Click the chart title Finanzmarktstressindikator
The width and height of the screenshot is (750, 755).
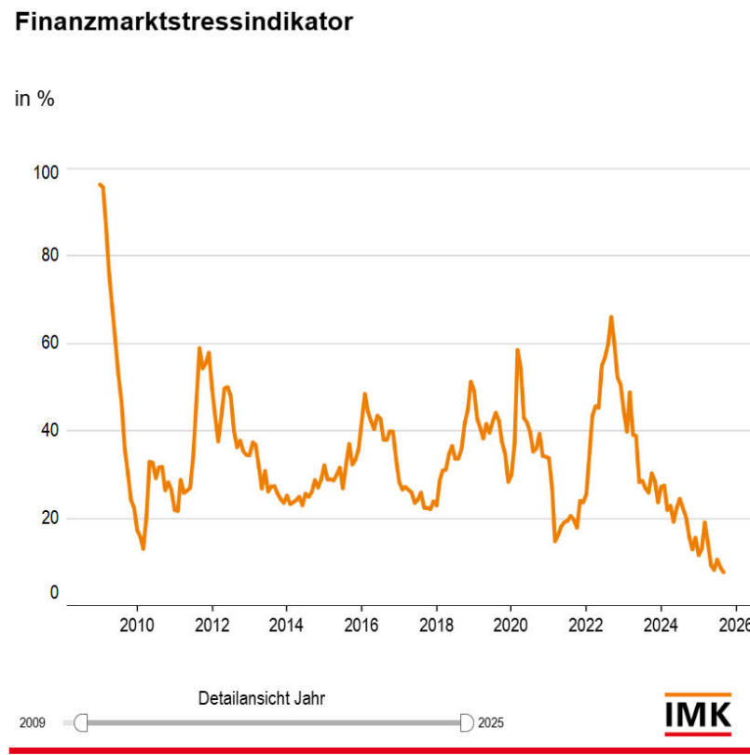(184, 23)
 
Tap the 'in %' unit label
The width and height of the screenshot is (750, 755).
(34, 100)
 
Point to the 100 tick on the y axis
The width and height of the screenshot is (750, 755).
(45, 172)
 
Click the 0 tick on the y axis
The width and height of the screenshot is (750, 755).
(53, 593)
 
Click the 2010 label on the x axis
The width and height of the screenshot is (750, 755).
(137, 624)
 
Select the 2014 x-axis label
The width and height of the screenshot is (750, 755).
(286, 624)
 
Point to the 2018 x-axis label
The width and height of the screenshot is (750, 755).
(436, 624)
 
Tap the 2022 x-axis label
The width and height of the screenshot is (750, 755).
(585, 624)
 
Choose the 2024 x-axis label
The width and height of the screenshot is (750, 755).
(661, 624)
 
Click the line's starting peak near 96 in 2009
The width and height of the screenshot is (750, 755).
(100, 184)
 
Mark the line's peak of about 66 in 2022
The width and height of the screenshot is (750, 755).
(611, 317)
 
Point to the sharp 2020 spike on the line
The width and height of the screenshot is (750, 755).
(517, 350)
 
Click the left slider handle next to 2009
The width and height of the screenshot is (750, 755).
(80, 722)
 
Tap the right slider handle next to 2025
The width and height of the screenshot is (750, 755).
(467, 722)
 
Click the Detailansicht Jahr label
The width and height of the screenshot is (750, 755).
(262, 699)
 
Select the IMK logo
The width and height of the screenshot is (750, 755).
(698, 714)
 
